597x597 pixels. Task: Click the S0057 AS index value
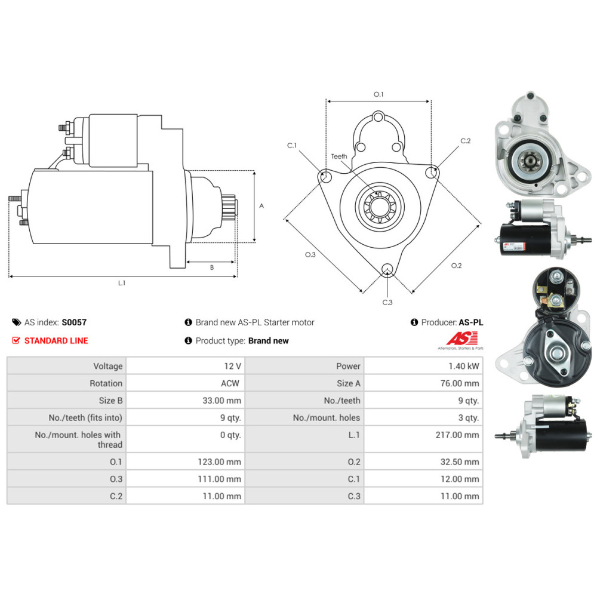pyautogui.click(x=74, y=322)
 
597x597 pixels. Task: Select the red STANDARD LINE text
pyautogui.click(x=56, y=341)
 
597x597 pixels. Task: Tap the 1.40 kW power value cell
pyautogui.click(x=466, y=366)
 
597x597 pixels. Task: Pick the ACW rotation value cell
pyautogui.click(x=230, y=383)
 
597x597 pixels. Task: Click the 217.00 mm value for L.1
pyautogui.click(x=457, y=435)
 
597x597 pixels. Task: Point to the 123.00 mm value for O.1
pyautogui.click(x=220, y=462)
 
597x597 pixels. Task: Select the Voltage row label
pyautogui.click(x=107, y=366)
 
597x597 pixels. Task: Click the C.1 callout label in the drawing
pyautogui.click(x=291, y=145)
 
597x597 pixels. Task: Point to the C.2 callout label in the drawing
pyautogui.click(x=466, y=141)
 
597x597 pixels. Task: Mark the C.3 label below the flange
pyautogui.click(x=387, y=302)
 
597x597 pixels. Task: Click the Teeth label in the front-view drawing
pyautogui.click(x=339, y=156)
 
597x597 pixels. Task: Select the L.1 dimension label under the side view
pyautogui.click(x=121, y=283)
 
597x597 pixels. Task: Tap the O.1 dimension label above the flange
pyautogui.click(x=378, y=94)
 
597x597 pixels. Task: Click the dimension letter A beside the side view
pyautogui.click(x=261, y=205)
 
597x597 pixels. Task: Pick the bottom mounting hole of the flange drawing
pyautogui.click(x=387, y=269)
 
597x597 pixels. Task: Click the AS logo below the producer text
pyautogui.click(x=458, y=339)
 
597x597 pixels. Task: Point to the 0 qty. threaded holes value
pyautogui.click(x=230, y=435)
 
